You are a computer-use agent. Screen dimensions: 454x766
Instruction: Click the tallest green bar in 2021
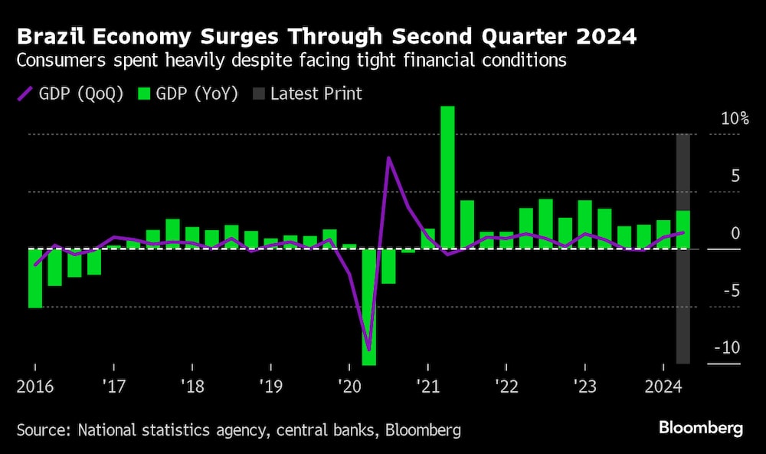coord(447,176)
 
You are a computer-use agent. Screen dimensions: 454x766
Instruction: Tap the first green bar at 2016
coord(35,278)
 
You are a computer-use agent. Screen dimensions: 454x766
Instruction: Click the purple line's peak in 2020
coord(389,159)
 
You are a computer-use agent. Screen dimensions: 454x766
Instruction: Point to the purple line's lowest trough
coord(369,350)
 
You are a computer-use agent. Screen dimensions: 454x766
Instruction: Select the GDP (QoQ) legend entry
coord(70,94)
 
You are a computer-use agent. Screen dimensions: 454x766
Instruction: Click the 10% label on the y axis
coord(733,119)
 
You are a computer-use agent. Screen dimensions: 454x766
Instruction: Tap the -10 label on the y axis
coord(727,347)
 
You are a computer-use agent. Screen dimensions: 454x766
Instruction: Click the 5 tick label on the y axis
coord(735,176)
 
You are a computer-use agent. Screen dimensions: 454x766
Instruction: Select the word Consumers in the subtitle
coord(61,61)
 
